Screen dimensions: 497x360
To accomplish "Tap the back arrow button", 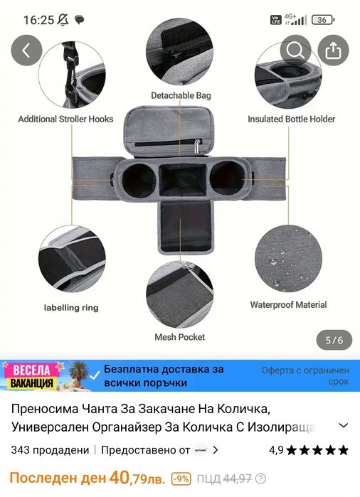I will point(27,50).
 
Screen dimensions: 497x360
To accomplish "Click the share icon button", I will point(333,50).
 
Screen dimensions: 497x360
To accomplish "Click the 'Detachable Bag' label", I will point(181,95).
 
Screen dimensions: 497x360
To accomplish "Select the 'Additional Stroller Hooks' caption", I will point(65,119).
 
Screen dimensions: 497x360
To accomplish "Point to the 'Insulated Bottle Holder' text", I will point(291,119).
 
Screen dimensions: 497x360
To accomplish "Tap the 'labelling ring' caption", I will point(71,308).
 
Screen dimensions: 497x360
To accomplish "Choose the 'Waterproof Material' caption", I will point(288,305).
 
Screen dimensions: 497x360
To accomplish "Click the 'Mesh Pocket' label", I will point(180,337).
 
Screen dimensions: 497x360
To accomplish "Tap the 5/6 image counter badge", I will point(334,341).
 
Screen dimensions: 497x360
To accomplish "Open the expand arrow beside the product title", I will point(344,426).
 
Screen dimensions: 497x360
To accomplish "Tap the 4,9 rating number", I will point(276,450).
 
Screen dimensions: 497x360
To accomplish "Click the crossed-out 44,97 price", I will point(238,479).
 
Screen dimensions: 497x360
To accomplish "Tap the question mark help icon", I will point(260,479).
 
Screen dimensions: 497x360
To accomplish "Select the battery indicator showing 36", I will point(322,20).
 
